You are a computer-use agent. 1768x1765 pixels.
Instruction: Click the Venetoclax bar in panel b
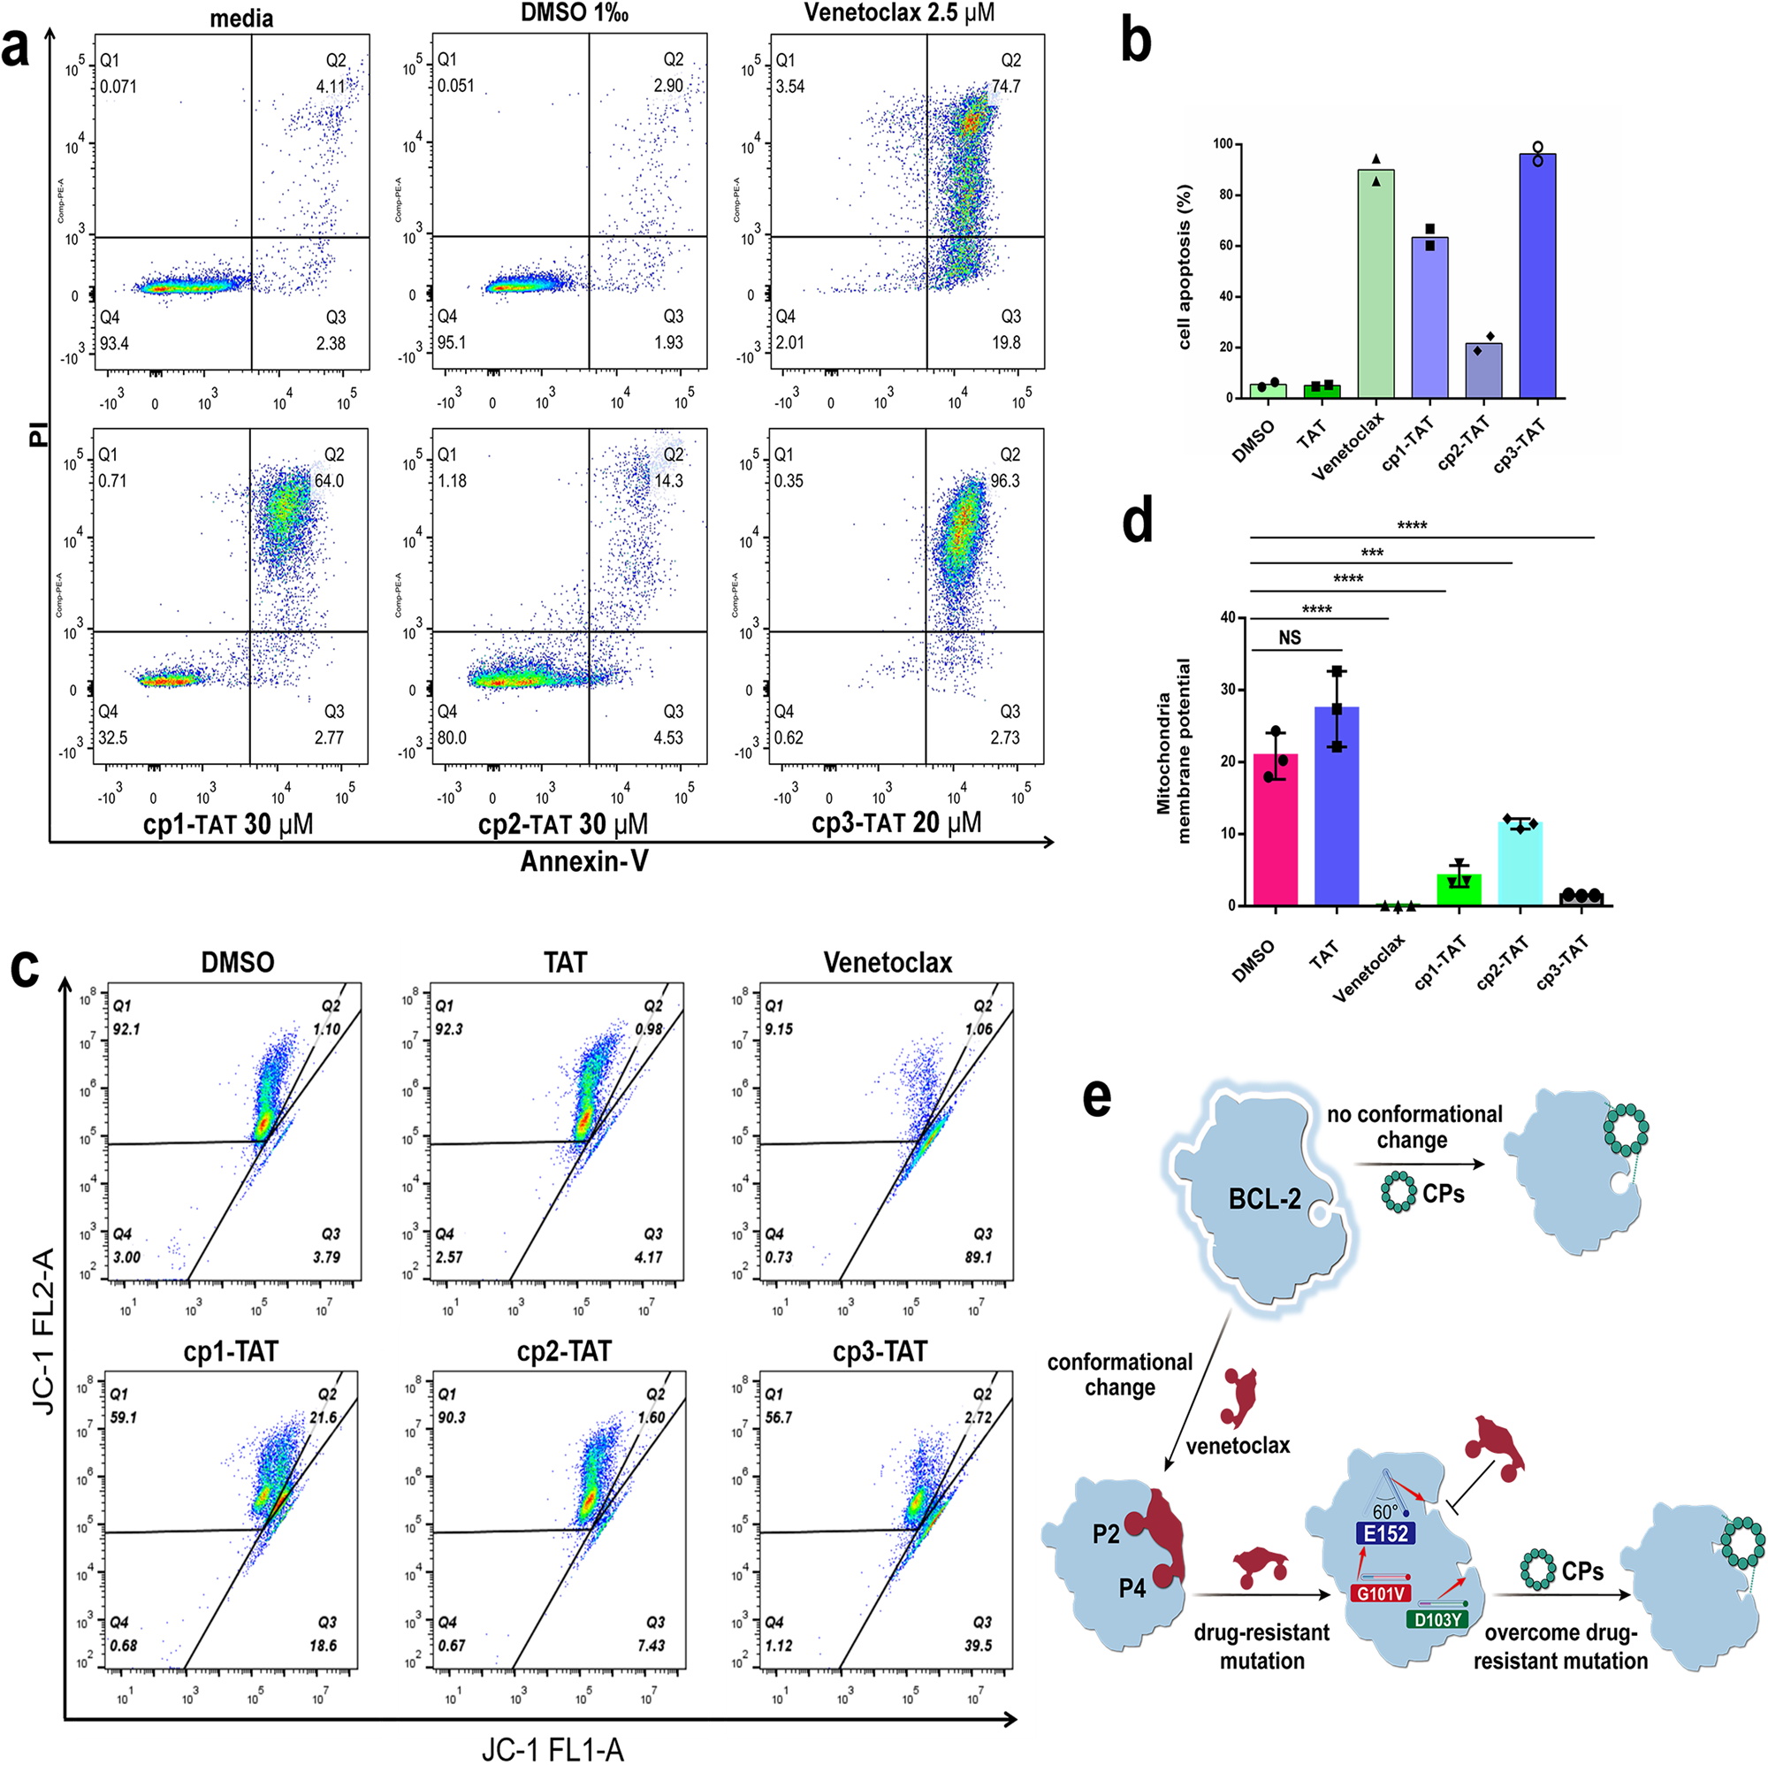[1376, 284]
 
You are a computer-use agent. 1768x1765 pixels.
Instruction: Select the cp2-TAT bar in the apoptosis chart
[1483, 370]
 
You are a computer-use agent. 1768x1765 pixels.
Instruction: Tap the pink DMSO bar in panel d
[1275, 829]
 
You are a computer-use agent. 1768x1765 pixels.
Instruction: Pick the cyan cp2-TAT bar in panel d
[1519, 864]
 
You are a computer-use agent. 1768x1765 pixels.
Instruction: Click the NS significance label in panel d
[1290, 638]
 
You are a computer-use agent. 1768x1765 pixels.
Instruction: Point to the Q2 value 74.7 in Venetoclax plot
[1006, 86]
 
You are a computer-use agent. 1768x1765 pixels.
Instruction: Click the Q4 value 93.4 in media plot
[114, 343]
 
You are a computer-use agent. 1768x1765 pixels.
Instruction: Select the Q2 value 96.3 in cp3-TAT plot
[1005, 481]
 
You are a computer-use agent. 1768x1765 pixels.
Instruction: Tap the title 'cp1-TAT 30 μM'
[228, 824]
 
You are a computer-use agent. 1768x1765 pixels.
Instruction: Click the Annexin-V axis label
[583, 861]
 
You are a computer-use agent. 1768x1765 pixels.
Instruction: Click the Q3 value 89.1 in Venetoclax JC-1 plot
[978, 1257]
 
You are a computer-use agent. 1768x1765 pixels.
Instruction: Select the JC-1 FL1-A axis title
[552, 1748]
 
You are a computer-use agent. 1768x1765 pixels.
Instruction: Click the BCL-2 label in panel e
[1264, 1199]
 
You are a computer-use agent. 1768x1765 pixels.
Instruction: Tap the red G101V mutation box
[1380, 1593]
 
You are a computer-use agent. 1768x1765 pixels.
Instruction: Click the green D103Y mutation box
[1436, 1620]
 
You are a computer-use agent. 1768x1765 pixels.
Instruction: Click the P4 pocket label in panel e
[1132, 1588]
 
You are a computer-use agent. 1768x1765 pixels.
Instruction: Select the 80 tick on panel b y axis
[1223, 195]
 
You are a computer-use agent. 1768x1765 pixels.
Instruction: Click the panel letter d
[1138, 521]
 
